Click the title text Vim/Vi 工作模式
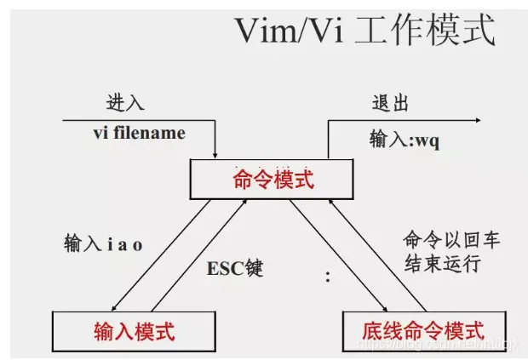click(364, 31)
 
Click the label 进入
click(124, 103)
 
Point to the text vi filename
click(139, 134)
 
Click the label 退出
click(390, 103)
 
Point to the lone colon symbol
click(328, 276)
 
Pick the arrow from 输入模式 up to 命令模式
click(201, 254)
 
